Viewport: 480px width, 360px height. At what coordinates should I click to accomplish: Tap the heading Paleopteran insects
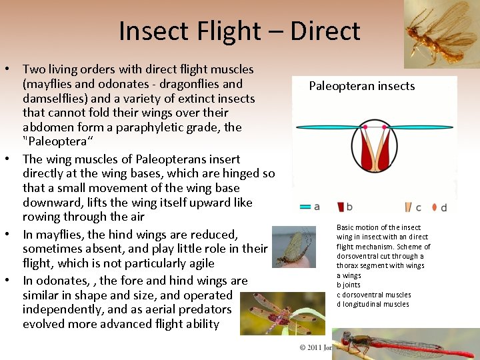(x=361, y=86)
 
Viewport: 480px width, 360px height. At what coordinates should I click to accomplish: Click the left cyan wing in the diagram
(x=327, y=126)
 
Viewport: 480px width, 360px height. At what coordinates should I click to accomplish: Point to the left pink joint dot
(x=365, y=126)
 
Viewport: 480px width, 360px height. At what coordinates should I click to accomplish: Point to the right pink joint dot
(x=385, y=126)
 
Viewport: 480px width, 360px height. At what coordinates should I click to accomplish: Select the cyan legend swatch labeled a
(x=305, y=207)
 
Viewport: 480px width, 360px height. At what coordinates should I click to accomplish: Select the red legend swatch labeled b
(x=340, y=207)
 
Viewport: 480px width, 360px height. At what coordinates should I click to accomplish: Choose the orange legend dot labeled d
(x=434, y=207)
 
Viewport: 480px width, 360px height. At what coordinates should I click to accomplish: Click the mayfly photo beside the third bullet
(x=294, y=247)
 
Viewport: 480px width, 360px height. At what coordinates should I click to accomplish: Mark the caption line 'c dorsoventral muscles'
(x=374, y=295)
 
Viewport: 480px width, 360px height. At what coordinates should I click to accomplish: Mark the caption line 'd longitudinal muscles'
(x=373, y=305)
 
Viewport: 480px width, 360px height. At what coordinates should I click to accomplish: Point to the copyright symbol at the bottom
(x=302, y=347)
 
